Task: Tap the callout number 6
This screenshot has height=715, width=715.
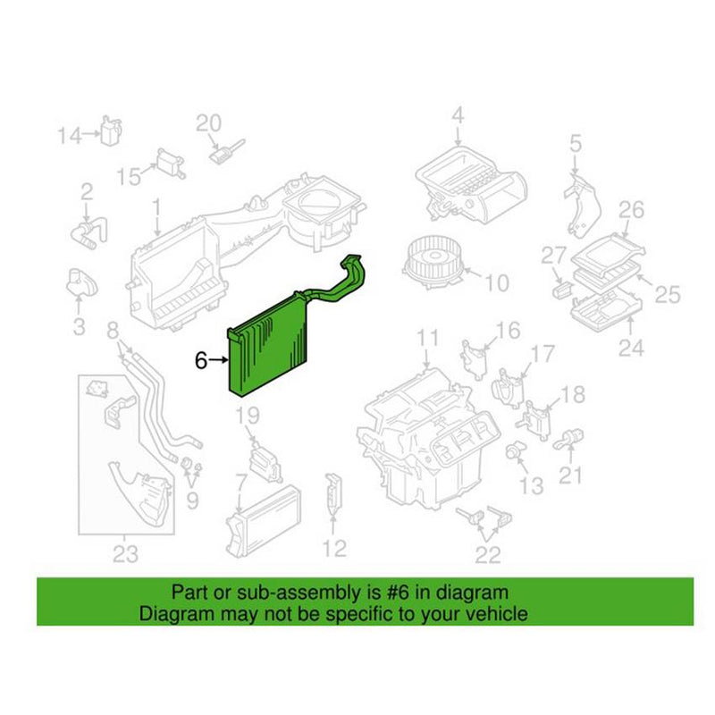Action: pos(201,360)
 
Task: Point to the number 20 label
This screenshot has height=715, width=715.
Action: pos(207,122)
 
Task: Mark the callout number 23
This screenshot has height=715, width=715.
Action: pos(125,554)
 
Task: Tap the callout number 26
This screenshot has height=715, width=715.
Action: pos(631,210)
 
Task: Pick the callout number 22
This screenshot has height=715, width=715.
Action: pos(487,555)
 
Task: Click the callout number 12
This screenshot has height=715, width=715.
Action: pos(333,548)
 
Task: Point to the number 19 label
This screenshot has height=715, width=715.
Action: pos(247,416)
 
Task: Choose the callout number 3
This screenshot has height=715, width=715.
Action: pos(79,326)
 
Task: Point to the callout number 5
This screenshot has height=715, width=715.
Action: pos(575,142)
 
